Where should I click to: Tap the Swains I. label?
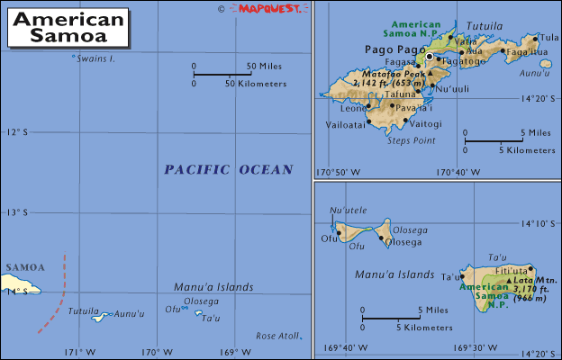point(96,58)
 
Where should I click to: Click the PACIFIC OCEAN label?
point(229,169)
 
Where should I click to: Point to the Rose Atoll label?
point(276,335)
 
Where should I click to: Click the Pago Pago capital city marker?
point(430,57)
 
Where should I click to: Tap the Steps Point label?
point(411,140)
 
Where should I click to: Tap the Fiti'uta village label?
point(512,270)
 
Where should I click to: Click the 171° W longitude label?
point(77,352)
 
